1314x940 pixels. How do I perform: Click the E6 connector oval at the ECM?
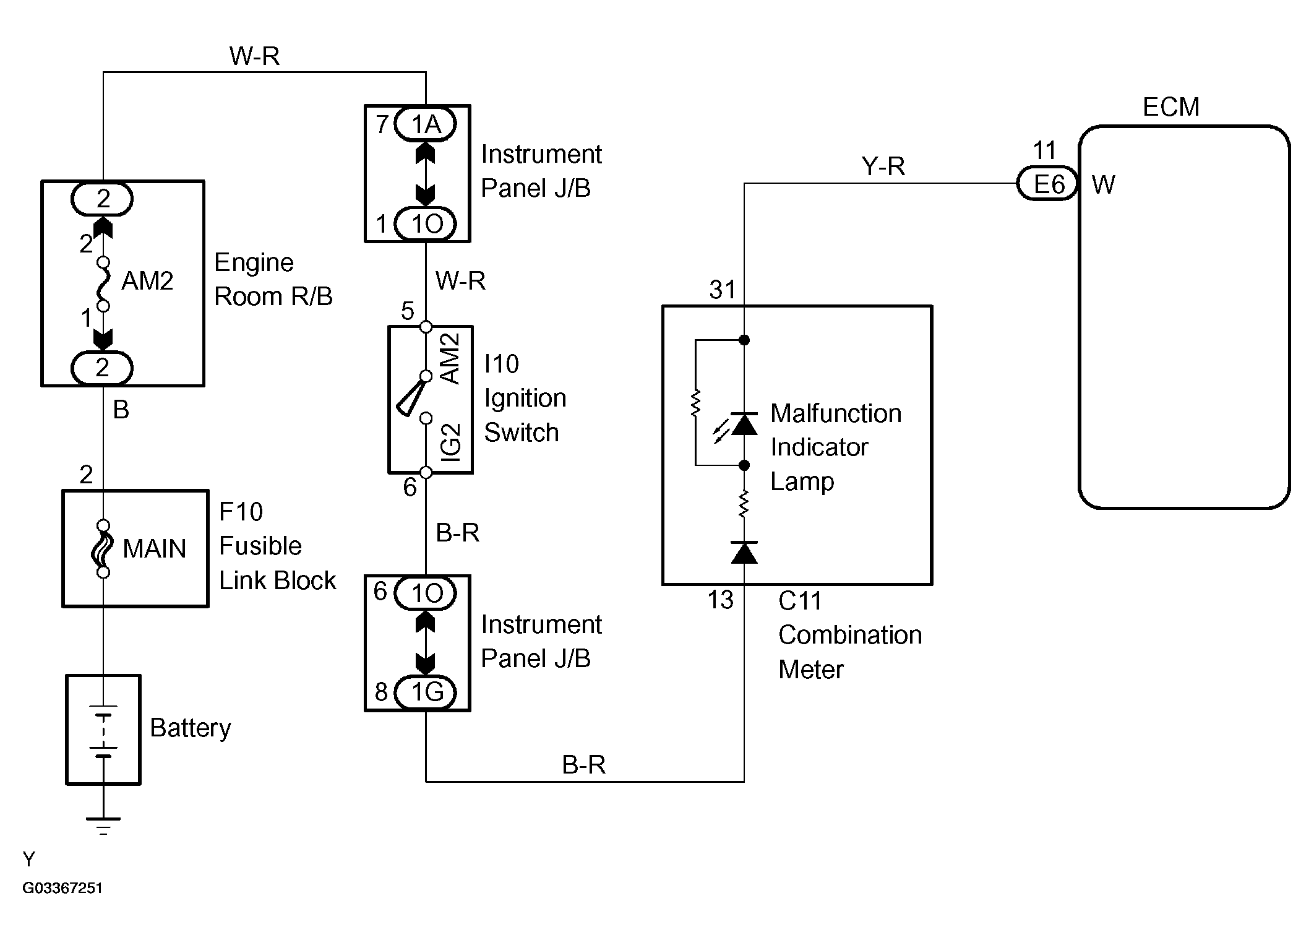pos(1048,184)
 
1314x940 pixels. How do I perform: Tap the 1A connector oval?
pos(426,124)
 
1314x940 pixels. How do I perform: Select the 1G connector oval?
pos(426,692)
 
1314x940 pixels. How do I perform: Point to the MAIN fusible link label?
pos(155,549)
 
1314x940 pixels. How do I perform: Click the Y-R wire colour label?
pos(883,166)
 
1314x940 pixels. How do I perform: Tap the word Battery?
pos(191,728)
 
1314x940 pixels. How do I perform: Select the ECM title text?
pos(1170,107)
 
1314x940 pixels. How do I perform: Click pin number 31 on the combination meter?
pos(723,290)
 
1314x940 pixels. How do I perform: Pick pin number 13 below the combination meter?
pos(720,600)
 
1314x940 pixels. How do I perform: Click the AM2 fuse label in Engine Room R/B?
pos(147,281)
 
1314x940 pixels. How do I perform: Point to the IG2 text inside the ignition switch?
pos(452,442)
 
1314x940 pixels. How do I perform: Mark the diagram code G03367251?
pos(62,888)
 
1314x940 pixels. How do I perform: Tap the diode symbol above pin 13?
pos(744,553)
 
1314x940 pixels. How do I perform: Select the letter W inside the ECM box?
pos(1103,185)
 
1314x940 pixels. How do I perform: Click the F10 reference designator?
pos(241,512)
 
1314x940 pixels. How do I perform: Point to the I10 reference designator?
pos(501,364)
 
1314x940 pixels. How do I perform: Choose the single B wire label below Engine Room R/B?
pos(121,410)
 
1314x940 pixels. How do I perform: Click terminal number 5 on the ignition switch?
pos(407,311)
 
